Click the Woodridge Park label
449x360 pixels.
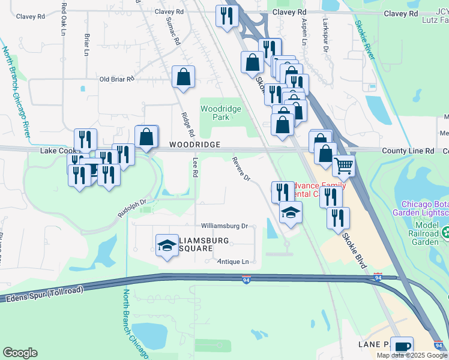pyautogui.click(x=220, y=113)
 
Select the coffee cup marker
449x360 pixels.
pyautogui.click(x=402, y=346)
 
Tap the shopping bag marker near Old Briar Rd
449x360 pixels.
pyautogui.click(x=183, y=76)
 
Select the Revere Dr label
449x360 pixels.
pyautogui.click(x=241, y=169)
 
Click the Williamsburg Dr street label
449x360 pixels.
pyautogui.click(x=224, y=226)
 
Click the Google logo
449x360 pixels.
pyautogui.click(x=20, y=353)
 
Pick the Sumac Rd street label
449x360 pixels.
pyautogui.click(x=172, y=32)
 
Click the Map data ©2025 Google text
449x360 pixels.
pyautogui.click(x=411, y=355)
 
